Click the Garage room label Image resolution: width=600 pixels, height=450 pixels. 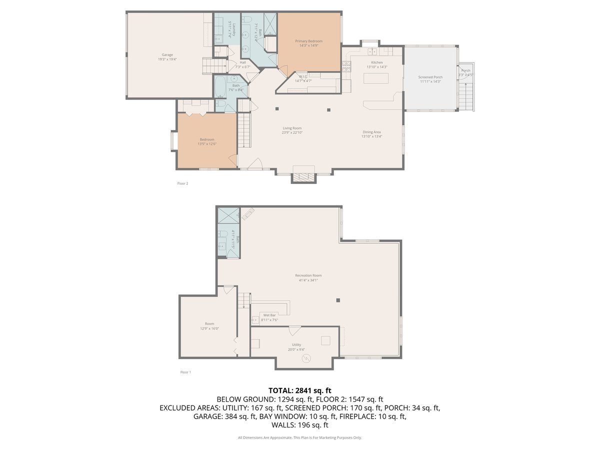[x=167, y=54]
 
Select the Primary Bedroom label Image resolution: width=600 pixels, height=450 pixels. [x=308, y=41]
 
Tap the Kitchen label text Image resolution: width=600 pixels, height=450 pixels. [x=376, y=62]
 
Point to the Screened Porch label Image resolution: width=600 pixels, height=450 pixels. [x=430, y=77]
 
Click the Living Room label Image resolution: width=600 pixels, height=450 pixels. [x=292, y=128]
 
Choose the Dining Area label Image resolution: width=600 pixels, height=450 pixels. [x=371, y=132]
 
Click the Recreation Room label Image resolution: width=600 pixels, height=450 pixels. [x=308, y=275]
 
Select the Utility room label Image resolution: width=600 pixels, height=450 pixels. [x=296, y=345]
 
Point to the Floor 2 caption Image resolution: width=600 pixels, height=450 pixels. [x=182, y=183]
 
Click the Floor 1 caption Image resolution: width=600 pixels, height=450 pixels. [x=185, y=372]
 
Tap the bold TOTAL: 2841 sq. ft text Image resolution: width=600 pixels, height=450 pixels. [x=300, y=390]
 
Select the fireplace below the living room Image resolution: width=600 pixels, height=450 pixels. [x=303, y=177]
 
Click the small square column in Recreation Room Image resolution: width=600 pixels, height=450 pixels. [x=338, y=300]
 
